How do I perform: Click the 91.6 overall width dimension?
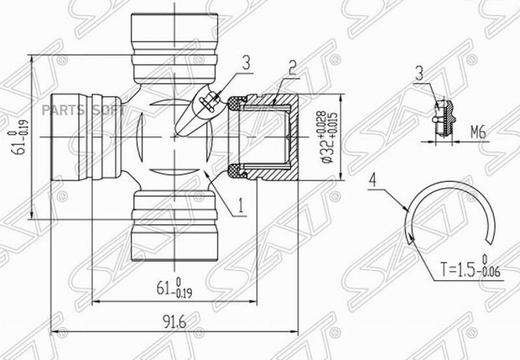(x=174, y=321)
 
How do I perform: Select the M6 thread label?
(x=478, y=133)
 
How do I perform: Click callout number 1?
(x=241, y=205)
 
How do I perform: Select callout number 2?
(x=292, y=68)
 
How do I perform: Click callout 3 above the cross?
(x=246, y=63)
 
